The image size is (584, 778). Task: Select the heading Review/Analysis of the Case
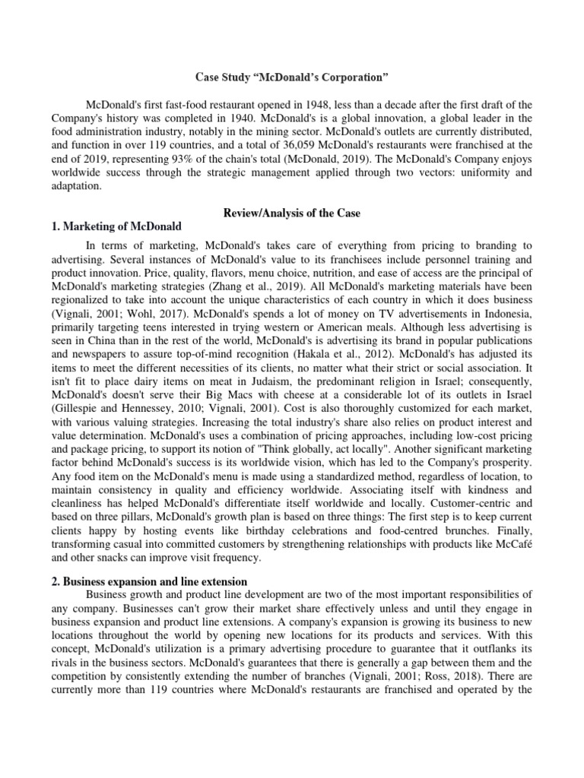(x=291, y=213)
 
